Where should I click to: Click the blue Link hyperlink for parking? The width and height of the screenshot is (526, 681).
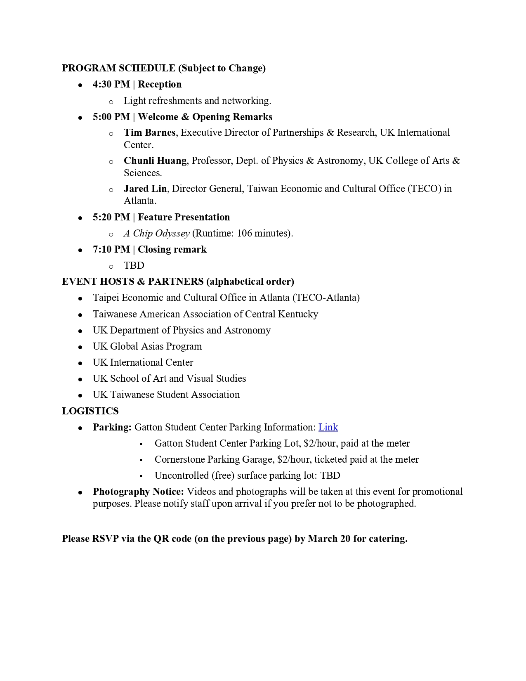click(328, 427)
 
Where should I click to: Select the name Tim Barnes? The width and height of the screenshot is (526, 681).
click(149, 132)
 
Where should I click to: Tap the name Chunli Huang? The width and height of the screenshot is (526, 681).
click(155, 161)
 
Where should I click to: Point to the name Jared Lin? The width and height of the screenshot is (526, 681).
click(145, 189)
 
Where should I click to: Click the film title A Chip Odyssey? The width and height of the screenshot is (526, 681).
click(156, 233)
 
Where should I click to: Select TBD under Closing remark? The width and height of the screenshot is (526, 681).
click(134, 265)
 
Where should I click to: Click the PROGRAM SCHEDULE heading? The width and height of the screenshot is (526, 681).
click(118, 68)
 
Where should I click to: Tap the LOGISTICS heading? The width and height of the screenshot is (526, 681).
click(90, 411)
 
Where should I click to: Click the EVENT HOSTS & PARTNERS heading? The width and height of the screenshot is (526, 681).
click(132, 281)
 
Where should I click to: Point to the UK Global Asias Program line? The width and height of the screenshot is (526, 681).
click(147, 346)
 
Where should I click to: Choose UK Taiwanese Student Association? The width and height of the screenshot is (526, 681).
click(166, 395)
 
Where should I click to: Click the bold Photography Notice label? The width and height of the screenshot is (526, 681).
click(138, 492)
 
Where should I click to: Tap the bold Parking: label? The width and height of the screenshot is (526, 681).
click(112, 427)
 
